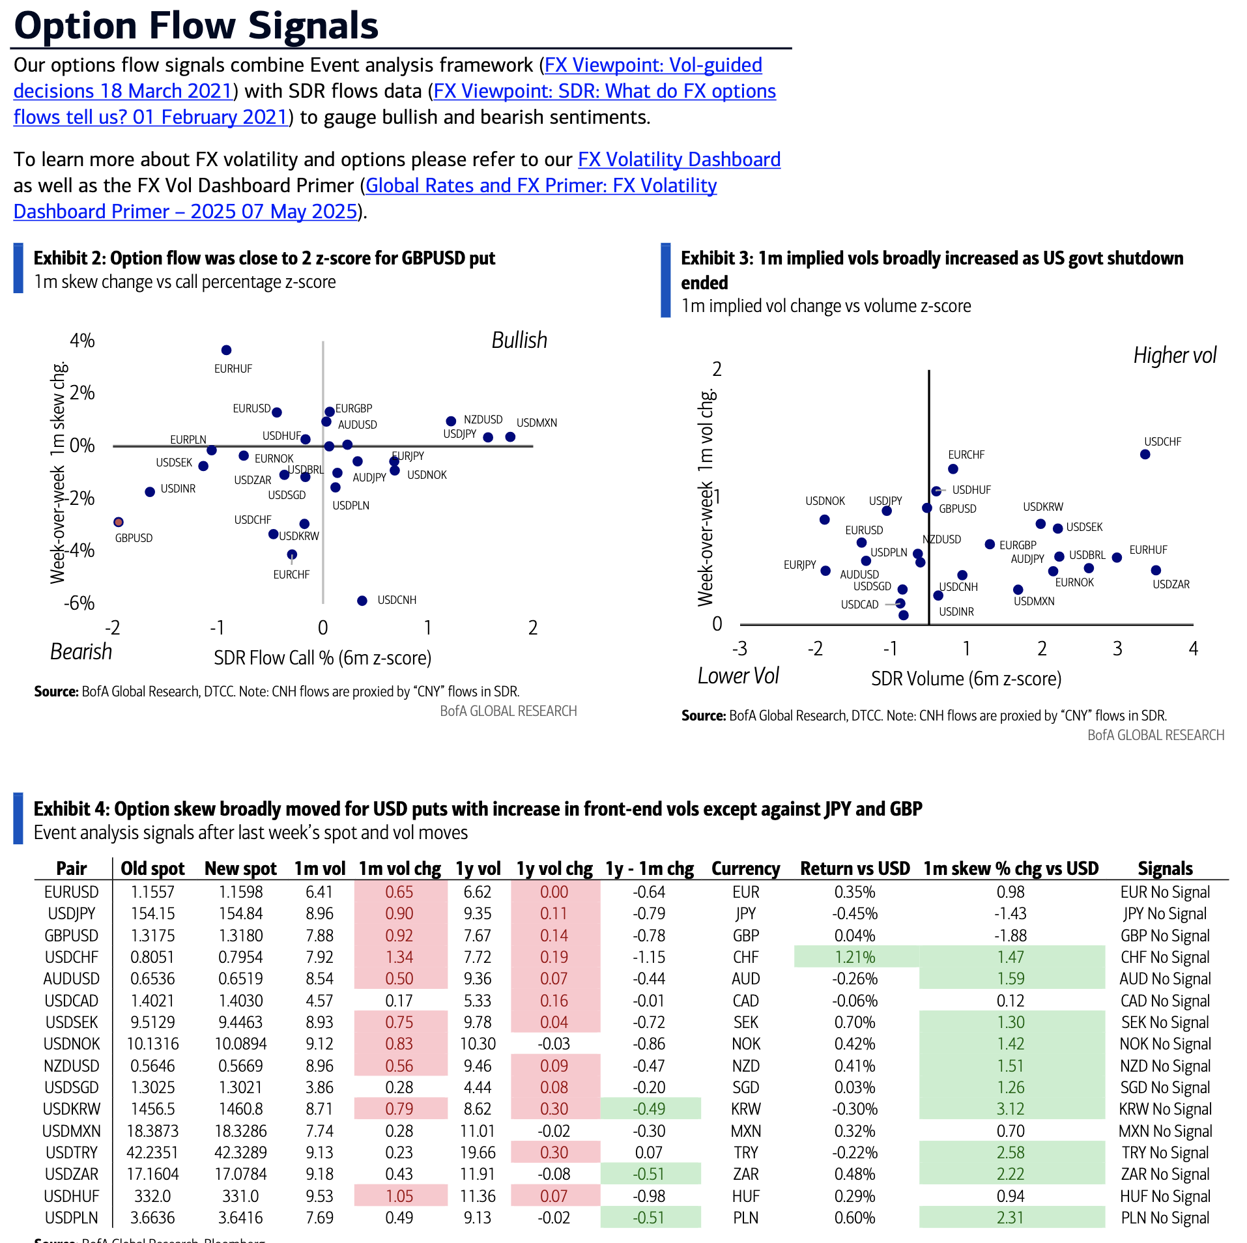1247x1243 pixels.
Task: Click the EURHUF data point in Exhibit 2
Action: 226,350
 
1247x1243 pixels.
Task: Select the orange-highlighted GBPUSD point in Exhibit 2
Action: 118,522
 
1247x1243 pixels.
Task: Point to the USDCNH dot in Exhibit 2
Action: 362,601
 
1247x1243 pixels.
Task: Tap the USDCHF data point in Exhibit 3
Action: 1145,454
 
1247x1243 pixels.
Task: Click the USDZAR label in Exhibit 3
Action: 1171,584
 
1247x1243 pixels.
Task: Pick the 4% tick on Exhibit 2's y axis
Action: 83,341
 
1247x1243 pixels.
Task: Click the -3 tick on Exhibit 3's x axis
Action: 739,649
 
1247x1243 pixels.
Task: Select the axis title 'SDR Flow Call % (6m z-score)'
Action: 322,658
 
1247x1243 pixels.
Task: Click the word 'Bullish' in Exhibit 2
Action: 519,340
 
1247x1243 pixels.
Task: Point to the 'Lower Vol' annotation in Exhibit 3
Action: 738,676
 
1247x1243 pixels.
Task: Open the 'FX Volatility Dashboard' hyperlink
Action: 679,160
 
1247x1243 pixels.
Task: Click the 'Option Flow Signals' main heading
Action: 196,26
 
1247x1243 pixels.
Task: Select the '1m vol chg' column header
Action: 399,868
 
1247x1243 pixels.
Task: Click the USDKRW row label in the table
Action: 72,1109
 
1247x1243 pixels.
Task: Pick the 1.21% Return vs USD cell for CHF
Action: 855,957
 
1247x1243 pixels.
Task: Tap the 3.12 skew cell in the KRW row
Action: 1010,1109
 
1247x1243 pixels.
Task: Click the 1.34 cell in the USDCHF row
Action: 399,957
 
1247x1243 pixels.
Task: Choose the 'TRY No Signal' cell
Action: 1165,1152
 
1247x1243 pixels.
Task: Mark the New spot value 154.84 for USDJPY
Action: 240,913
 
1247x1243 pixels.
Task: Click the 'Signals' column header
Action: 1165,868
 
